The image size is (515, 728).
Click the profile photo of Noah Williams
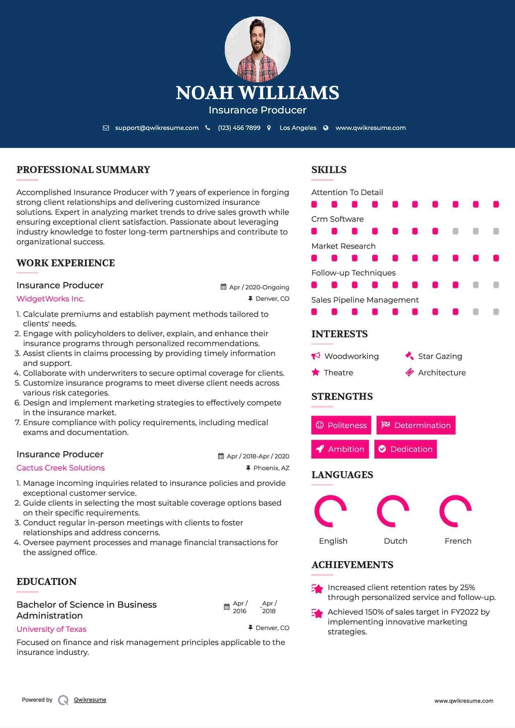pos(257,49)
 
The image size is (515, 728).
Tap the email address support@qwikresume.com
pos(157,128)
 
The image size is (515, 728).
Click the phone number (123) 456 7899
pos(239,128)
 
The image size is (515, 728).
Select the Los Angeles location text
pos(298,128)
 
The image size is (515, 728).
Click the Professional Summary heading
pos(83,170)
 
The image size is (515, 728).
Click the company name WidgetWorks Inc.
pos(51,299)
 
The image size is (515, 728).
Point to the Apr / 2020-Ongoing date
pos(259,287)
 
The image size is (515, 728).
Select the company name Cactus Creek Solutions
pos(60,468)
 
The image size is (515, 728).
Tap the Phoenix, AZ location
pos(271,468)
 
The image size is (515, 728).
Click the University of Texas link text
pos(51,629)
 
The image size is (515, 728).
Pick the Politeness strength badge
pos(341,425)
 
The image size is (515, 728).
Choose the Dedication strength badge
pos(406,449)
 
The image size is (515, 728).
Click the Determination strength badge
pos(416,425)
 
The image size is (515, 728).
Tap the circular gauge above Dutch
pos(393,511)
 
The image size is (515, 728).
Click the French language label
pos(458,541)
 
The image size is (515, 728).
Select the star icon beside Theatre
pos(316,372)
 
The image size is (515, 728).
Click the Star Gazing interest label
pos(440,356)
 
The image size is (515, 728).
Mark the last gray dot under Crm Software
pos(496,231)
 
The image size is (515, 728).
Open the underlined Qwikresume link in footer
pos(90,700)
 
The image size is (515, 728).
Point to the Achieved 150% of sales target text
pos(408,612)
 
